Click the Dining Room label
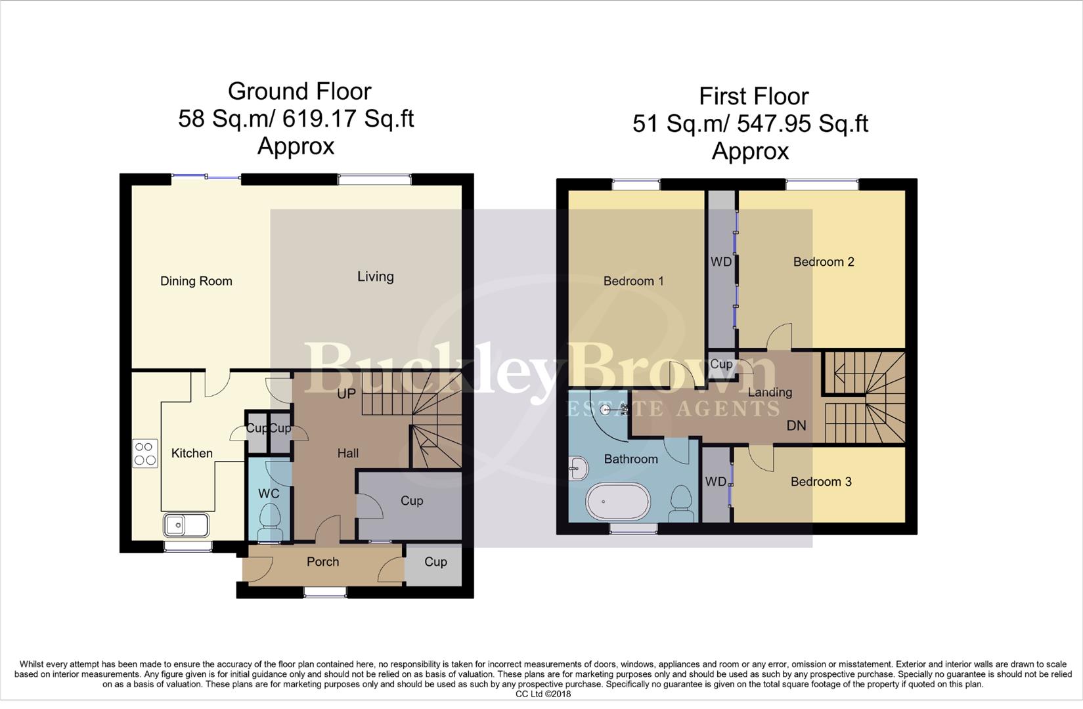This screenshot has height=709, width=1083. click(196, 281)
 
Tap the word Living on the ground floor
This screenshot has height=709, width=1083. click(375, 276)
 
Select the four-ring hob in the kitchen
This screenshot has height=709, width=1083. click(145, 453)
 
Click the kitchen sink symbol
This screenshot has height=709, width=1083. click(186, 525)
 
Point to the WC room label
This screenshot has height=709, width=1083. click(269, 494)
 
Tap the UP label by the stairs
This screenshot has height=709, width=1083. click(346, 393)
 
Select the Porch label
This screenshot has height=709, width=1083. click(322, 562)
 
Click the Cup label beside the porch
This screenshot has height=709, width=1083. click(435, 562)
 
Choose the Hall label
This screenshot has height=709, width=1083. click(347, 453)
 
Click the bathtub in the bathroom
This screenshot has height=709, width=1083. click(617, 502)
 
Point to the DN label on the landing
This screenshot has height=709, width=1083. click(796, 425)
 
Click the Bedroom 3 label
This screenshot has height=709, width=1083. click(820, 482)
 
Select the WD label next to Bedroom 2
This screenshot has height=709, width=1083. click(720, 262)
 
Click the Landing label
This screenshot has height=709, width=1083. click(770, 393)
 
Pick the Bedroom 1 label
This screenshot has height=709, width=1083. click(633, 281)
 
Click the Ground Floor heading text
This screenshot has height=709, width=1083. click(299, 91)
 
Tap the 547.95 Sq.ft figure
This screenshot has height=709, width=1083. click(803, 123)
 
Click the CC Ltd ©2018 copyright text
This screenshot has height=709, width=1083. click(543, 694)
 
